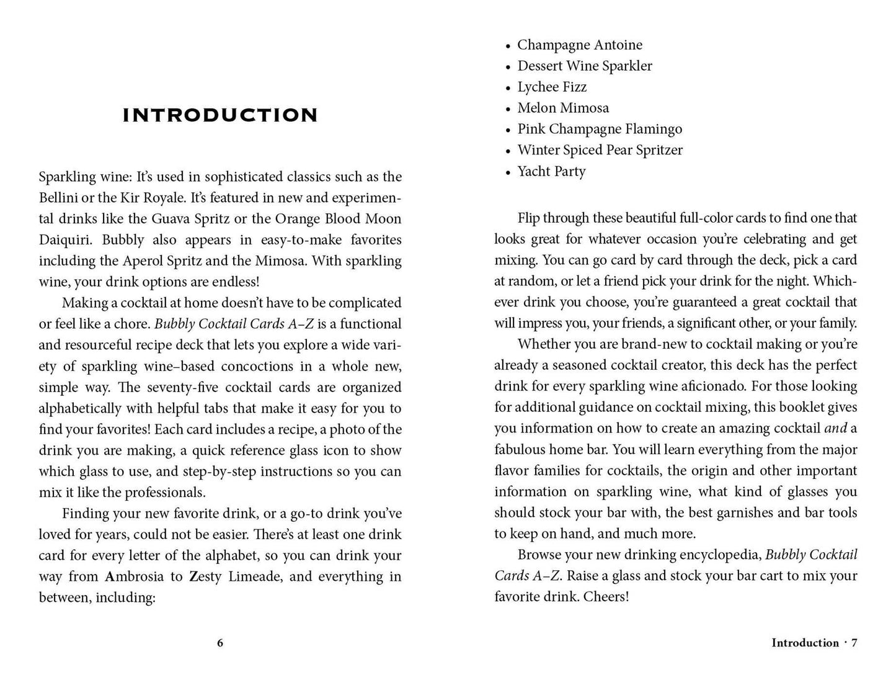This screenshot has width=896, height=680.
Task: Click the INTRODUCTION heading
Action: [x=220, y=115]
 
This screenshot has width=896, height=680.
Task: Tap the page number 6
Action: [x=220, y=643]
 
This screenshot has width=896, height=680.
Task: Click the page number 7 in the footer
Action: [x=854, y=643]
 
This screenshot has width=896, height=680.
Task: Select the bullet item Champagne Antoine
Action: [x=579, y=45]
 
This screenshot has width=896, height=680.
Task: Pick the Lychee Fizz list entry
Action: [x=552, y=87]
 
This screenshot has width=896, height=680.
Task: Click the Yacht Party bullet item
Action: [x=551, y=171]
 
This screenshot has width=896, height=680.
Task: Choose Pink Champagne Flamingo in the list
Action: [x=599, y=129]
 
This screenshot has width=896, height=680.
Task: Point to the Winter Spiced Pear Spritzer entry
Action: [x=600, y=150]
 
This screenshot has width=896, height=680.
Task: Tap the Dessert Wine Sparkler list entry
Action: [x=584, y=66]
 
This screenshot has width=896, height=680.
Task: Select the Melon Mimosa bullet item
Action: [x=563, y=108]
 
